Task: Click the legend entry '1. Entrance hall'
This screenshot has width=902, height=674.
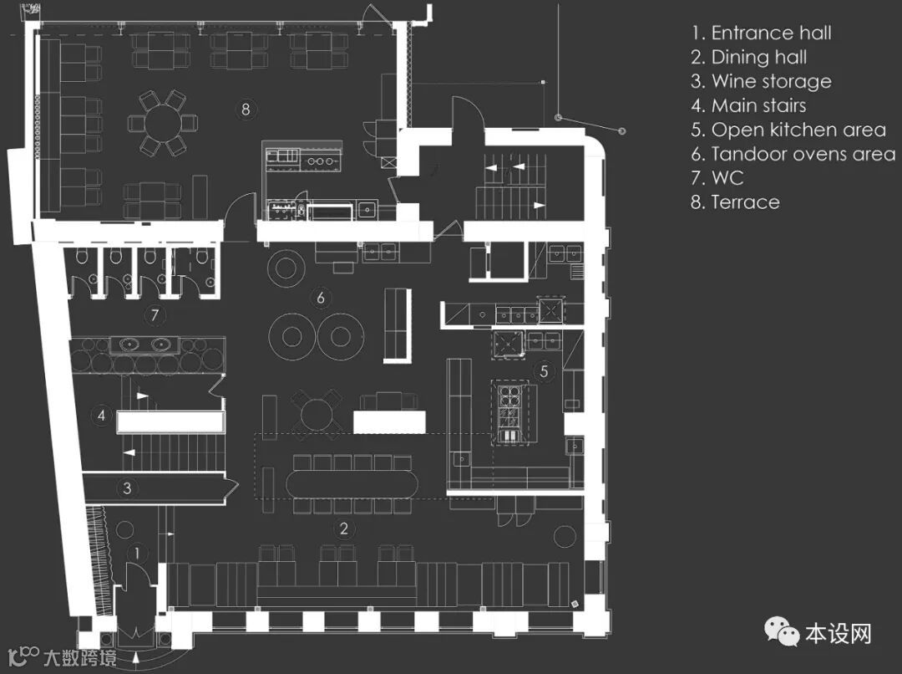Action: tap(761, 33)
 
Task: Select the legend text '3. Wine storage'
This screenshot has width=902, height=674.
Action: tap(761, 82)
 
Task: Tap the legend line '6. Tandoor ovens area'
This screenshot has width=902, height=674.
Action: tap(793, 154)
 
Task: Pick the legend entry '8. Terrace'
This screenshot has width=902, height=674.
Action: tap(735, 202)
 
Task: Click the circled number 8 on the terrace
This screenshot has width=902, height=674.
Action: tap(245, 109)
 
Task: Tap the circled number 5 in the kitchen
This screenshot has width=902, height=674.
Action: tap(544, 371)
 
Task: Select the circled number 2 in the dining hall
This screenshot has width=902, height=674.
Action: tap(342, 528)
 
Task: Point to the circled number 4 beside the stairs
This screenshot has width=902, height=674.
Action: tap(101, 415)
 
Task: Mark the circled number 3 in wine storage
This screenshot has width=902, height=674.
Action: tap(127, 488)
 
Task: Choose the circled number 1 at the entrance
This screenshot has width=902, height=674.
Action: tap(138, 553)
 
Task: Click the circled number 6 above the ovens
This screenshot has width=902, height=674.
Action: tap(319, 297)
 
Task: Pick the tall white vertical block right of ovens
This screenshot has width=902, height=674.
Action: tap(397, 324)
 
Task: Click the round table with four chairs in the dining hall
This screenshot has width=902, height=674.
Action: tap(316, 412)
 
